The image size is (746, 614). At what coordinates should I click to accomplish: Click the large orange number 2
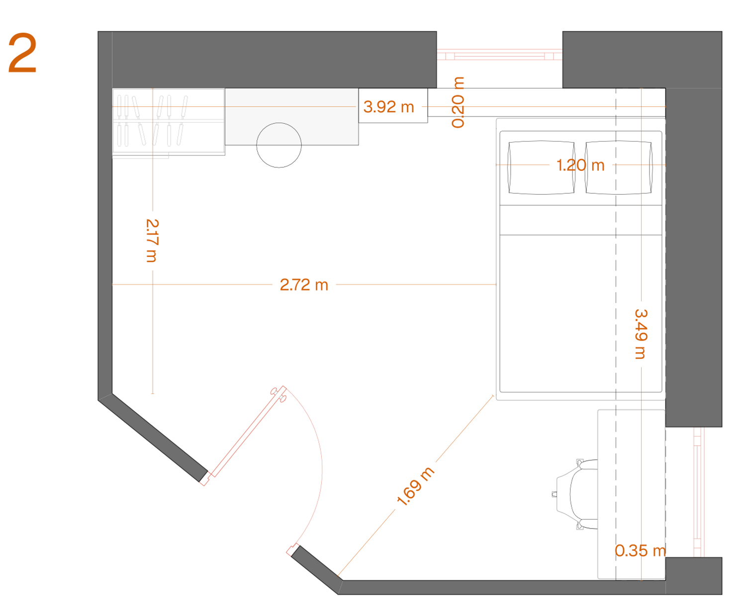coord(22,53)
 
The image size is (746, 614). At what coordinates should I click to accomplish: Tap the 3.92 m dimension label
coord(388,107)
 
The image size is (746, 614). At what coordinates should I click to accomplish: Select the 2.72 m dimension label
coord(304,285)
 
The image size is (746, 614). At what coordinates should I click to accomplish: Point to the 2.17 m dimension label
coord(152,240)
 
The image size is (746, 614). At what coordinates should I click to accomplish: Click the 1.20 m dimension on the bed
coord(580,165)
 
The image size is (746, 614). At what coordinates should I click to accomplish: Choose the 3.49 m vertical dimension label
coord(641,334)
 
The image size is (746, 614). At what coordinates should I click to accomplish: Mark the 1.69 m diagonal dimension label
coord(415,486)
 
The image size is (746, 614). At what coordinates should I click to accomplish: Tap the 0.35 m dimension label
coord(640,550)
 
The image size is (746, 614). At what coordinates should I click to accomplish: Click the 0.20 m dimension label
coord(458,102)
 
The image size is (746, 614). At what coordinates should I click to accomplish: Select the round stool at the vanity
coord(279,145)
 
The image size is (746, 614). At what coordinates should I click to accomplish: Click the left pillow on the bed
coord(541,167)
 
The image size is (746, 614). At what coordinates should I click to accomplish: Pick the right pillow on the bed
coord(619,167)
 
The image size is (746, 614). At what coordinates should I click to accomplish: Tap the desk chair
coord(576,494)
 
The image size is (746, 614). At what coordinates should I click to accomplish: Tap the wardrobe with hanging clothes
coord(169,122)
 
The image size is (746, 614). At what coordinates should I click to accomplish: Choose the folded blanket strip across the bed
coord(580,220)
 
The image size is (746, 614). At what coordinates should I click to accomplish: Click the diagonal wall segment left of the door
coord(153,438)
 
